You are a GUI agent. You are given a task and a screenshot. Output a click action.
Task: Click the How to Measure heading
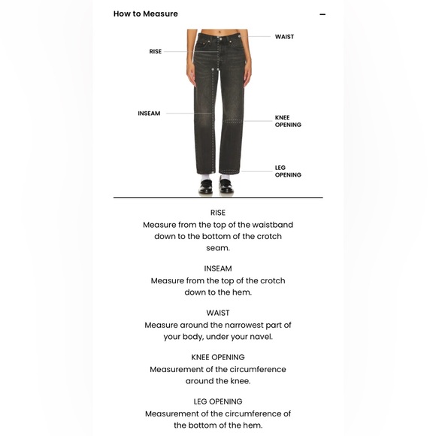pos(146,14)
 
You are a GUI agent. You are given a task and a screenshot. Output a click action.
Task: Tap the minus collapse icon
pos(322,14)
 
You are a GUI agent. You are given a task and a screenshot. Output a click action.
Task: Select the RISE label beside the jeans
pos(156,52)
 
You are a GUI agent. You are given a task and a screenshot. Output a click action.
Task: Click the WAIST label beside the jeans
pos(284,37)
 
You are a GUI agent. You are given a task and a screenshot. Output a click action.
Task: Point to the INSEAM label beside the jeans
pos(149,114)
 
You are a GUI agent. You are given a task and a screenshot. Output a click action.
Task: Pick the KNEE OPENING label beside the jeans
pos(288,122)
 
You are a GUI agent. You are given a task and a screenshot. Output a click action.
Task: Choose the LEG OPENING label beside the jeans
pos(288,171)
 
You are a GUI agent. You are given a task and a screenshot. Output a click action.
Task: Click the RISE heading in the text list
pos(218,213)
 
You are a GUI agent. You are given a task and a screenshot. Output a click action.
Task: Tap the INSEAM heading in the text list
pos(218,268)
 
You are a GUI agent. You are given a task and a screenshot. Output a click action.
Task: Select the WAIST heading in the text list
pos(218,313)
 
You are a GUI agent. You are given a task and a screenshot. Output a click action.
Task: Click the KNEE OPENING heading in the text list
pos(218,357)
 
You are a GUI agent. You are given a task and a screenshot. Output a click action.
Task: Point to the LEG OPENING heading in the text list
pos(218,401)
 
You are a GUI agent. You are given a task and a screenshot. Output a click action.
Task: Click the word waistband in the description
pos(270,225)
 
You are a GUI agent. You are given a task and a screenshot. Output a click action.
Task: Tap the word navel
pos(259,337)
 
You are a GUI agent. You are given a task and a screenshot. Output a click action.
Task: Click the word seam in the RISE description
pos(218,248)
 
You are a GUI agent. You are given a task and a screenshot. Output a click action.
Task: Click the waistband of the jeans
pos(216,34)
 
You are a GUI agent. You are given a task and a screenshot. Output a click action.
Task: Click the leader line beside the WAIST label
pos(259,36)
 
